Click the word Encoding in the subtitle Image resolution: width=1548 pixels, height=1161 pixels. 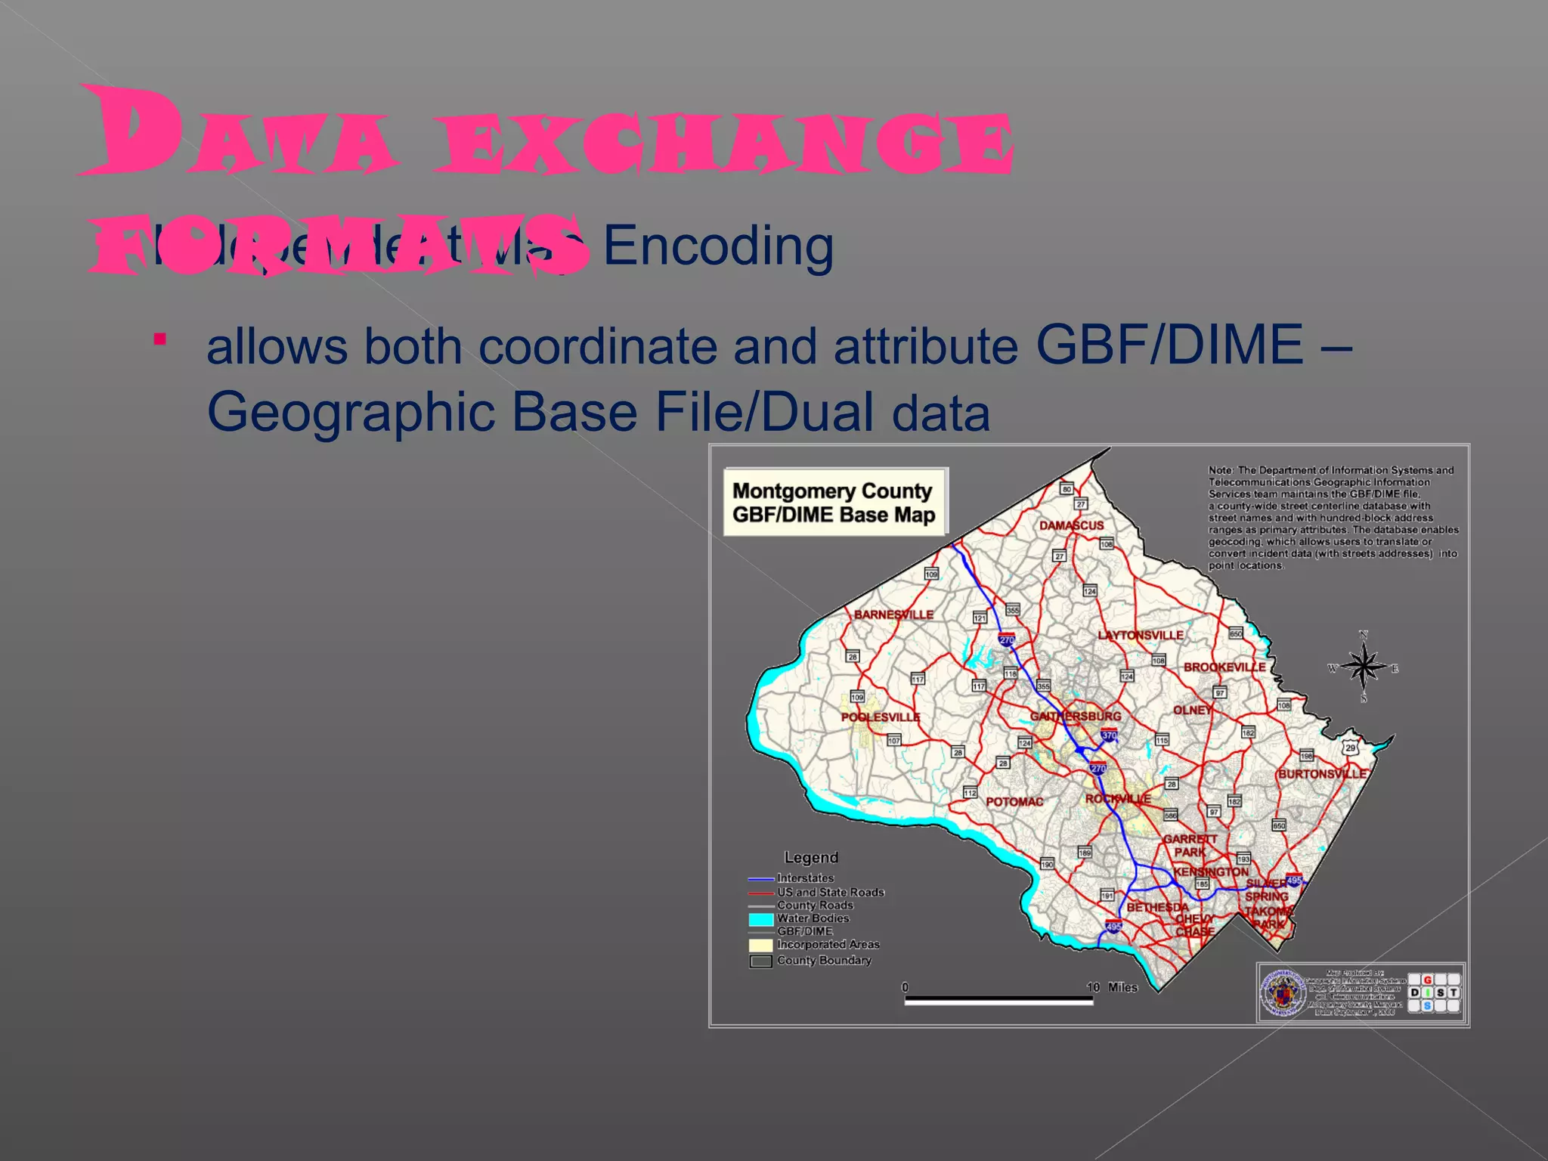point(718,246)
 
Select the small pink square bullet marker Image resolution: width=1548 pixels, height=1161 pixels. point(159,339)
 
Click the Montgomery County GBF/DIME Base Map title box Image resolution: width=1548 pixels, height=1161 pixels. point(834,503)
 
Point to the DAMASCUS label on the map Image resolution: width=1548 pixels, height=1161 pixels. point(1071,525)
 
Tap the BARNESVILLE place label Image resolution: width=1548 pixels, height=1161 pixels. point(893,615)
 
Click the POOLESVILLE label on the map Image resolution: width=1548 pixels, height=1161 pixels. point(881,717)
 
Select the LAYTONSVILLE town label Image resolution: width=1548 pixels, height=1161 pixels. point(1141,635)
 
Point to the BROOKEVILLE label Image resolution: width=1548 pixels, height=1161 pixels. point(1224,667)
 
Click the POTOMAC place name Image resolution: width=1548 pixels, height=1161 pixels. point(1014,801)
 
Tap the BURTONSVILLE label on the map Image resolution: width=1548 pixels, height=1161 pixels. point(1323,774)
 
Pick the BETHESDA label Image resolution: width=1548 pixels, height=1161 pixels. point(1157,907)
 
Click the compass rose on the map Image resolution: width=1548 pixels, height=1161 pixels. point(1364,667)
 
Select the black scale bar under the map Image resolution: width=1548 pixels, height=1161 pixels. point(998,1000)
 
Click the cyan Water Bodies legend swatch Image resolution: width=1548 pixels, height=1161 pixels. point(760,919)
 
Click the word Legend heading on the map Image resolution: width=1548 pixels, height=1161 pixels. point(811,857)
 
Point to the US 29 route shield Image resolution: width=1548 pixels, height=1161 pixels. point(1350,748)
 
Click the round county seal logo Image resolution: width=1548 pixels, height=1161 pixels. point(1282,992)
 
